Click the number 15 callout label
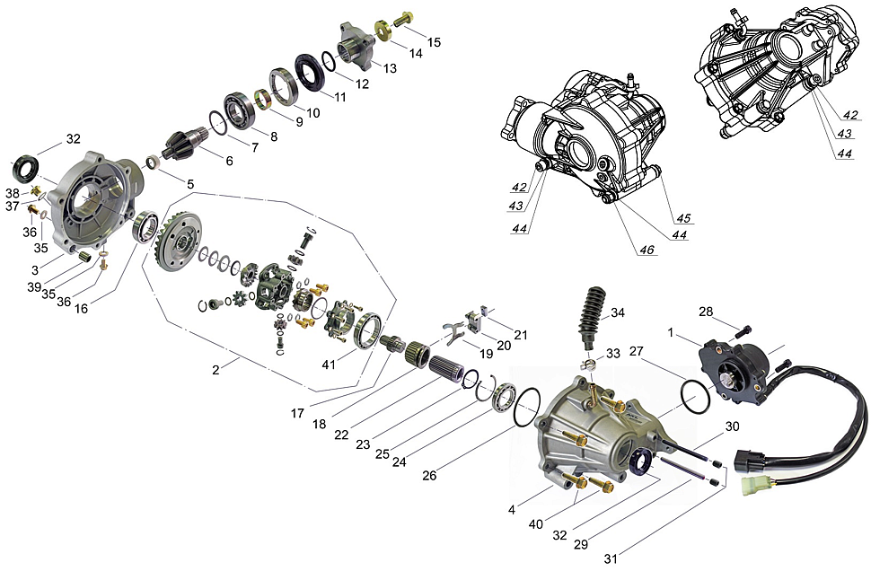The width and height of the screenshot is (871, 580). point(434,42)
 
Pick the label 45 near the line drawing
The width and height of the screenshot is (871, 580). point(683,218)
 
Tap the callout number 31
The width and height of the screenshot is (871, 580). point(611,558)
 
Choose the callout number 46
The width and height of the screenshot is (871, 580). point(646,250)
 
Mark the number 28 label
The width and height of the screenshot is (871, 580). point(707,312)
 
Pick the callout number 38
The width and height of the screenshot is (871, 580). point(13,193)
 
